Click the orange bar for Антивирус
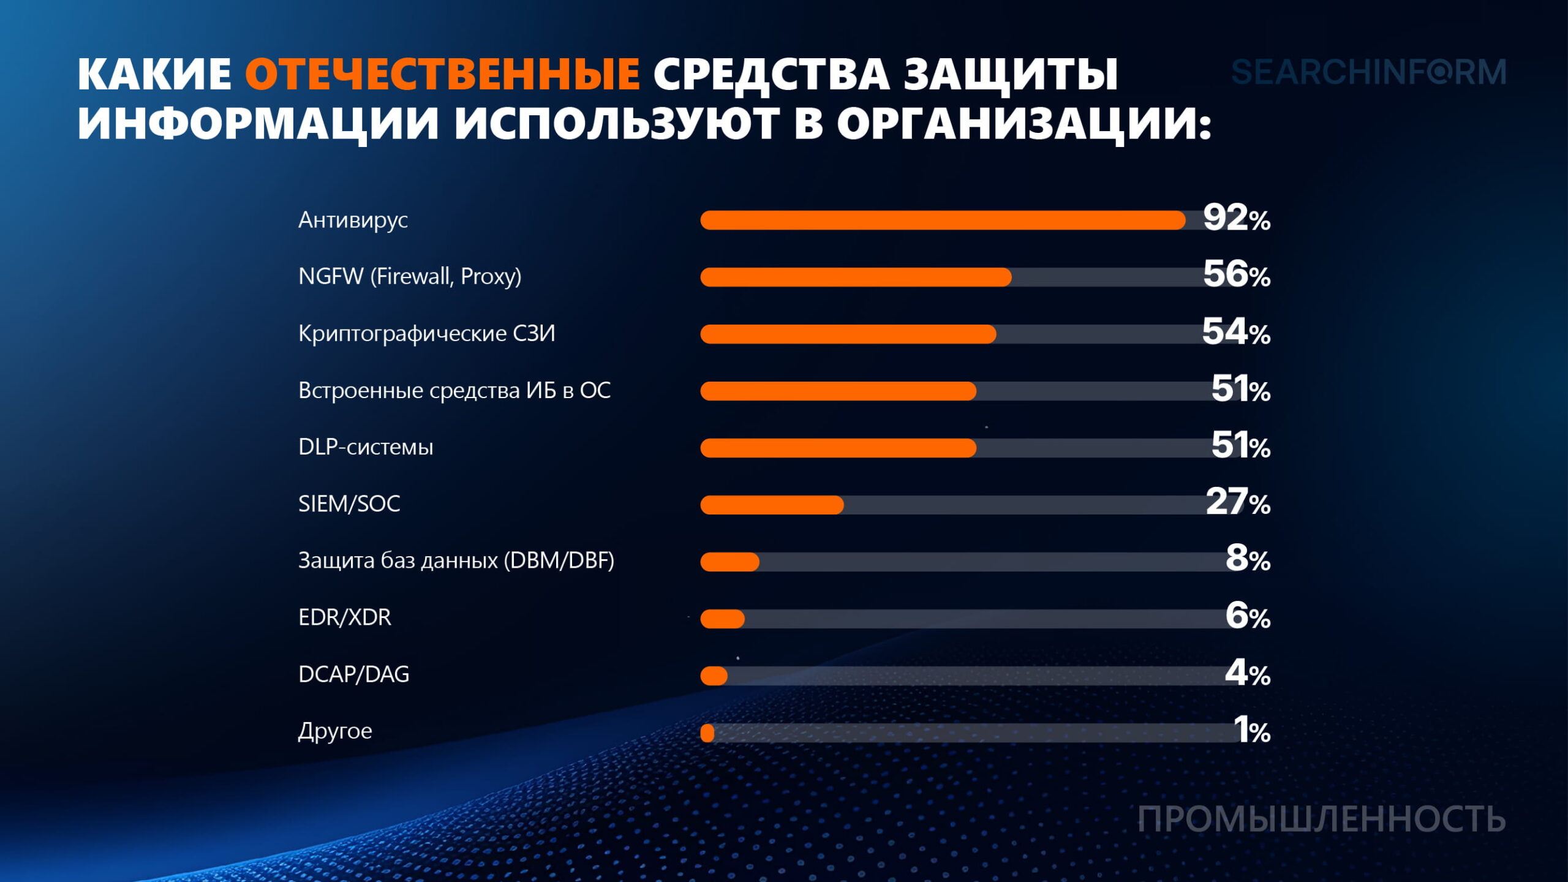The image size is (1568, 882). (x=943, y=221)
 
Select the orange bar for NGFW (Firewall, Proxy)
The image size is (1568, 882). (x=856, y=277)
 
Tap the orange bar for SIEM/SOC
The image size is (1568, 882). (x=772, y=505)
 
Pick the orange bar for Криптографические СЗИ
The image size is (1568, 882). (x=848, y=334)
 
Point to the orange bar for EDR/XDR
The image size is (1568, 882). (x=723, y=619)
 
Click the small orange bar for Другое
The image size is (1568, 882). (x=707, y=733)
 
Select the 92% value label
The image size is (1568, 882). (x=1236, y=219)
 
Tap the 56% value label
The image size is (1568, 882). (x=1236, y=275)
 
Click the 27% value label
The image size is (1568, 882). (x=1237, y=503)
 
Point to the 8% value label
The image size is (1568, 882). (x=1247, y=559)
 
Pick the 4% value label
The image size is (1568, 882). (x=1247, y=674)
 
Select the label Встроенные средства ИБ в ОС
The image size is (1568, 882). (x=454, y=391)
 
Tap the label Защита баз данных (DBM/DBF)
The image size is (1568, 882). (x=456, y=560)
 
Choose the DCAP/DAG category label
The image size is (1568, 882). (x=353, y=674)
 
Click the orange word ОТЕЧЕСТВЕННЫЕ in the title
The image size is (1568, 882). (x=442, y=75)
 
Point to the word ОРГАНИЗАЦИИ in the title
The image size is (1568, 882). (x=1024, y=124)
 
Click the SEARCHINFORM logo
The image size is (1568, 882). (x=1368, y=72)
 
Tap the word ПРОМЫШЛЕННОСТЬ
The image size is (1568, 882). (x=1321, y=820)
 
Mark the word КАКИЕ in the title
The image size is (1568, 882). (x=154, y=75)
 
